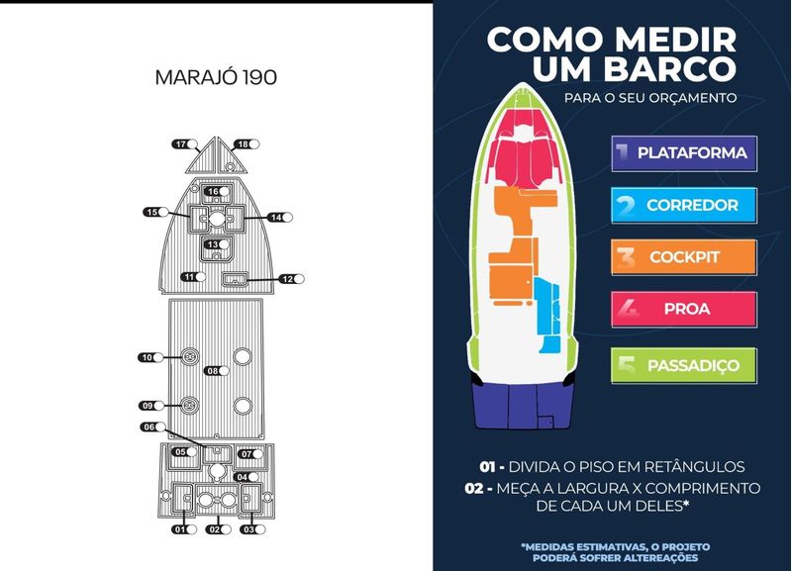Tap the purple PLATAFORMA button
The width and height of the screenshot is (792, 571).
coord(684,153)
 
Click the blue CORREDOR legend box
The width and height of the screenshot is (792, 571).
coord(684,206)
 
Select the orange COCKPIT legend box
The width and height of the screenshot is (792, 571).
coord(684,257)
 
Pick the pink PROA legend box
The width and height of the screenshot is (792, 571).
coord(684,309)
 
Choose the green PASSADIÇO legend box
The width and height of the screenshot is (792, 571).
coord(684,365)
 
